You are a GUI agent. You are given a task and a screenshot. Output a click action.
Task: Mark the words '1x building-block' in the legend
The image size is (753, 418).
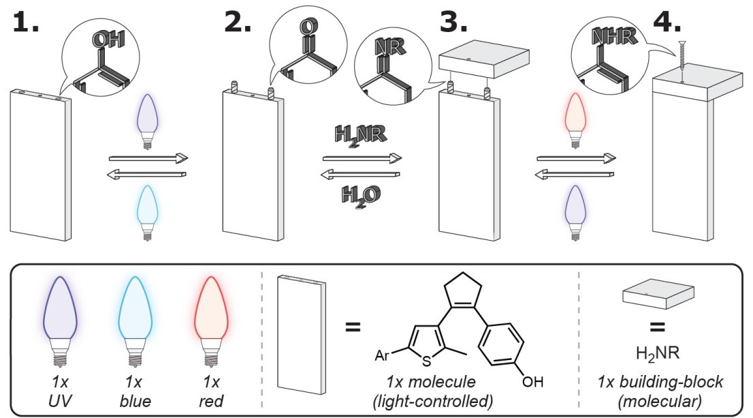(658, 383)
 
